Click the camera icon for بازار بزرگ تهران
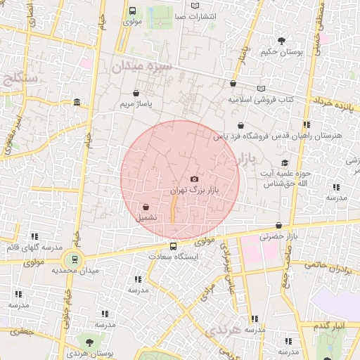pos(195,179)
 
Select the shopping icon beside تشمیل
pos(146,207)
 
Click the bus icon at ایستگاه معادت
pos(173,246)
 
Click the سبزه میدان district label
pos(141,67)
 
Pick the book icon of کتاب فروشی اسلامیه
pos(262,89)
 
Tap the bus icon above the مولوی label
pos(133,11)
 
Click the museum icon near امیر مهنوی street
pos(77,103)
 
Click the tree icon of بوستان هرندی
pos(89,342)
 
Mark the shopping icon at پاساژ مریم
pos(136,92)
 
